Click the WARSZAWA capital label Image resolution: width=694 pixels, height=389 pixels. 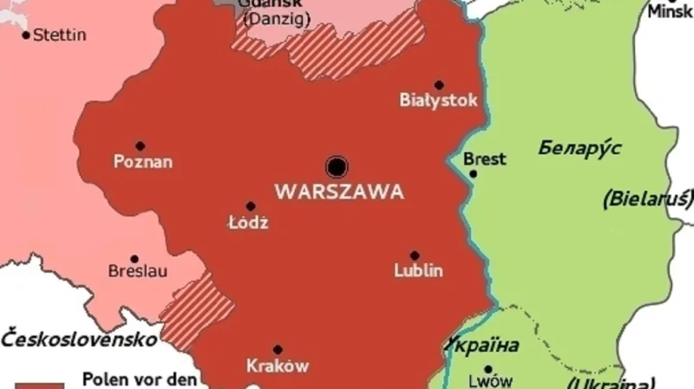click(338, 191)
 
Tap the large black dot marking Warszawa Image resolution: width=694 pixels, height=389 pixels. click(337, 166)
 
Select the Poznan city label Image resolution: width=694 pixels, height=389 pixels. click(144, 161)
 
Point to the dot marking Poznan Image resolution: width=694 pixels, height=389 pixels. click(140, 146)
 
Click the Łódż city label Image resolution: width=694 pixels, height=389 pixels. click(247, 223)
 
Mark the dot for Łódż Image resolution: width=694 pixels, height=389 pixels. click(251, 206)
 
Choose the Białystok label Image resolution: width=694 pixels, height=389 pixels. click(438, 100)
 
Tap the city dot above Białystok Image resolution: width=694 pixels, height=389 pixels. click(439, 85)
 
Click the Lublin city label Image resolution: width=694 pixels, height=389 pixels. click(418, 271)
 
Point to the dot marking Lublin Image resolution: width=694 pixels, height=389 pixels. click(415, 256)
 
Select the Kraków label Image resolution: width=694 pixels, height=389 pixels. click(278, 366)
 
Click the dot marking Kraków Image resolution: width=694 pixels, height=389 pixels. click(278, 350)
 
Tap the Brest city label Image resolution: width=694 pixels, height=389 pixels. click(485, 159)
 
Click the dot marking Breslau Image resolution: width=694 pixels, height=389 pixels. click(134, 258)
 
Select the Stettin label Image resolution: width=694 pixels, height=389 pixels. click(60, 36)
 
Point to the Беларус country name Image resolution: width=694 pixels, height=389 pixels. click(579, 147)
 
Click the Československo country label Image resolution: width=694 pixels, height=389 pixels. click(80, 338)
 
